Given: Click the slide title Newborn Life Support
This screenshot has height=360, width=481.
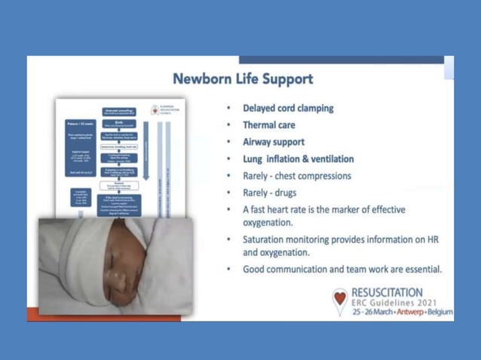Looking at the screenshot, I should (242, 78).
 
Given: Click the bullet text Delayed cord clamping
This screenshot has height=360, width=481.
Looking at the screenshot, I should (287, 108).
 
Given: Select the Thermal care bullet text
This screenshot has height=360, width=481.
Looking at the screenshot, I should (268, 125).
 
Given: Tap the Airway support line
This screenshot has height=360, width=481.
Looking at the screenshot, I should (273, 142).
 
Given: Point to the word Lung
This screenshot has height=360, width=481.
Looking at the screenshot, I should (253, 159).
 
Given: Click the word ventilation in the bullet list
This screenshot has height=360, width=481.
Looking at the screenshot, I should (328, 159).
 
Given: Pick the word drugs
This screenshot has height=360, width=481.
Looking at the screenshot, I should (283, 192).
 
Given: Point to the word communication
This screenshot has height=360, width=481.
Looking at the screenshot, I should (305, 269).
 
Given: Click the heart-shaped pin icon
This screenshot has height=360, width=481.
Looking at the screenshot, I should (340, 301).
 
